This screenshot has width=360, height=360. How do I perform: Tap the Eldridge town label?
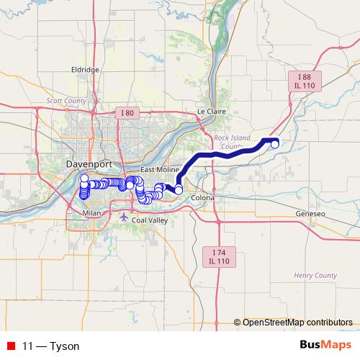click(84, 69)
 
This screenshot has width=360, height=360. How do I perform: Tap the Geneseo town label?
click(310, 215)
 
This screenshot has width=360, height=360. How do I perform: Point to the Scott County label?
click(66, 102)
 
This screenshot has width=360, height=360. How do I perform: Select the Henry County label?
click(315, 275)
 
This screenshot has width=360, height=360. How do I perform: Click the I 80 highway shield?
click(127, 113)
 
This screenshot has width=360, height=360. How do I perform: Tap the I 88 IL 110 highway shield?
click(305, 81)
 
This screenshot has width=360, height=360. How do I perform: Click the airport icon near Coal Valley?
click(125, 216)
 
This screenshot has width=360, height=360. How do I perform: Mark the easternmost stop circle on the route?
click(274, 144)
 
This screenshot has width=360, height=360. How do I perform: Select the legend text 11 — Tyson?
click(51, 346)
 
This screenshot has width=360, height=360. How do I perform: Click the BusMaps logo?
click(325, 346)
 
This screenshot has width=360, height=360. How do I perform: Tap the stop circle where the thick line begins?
click(179, 191)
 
